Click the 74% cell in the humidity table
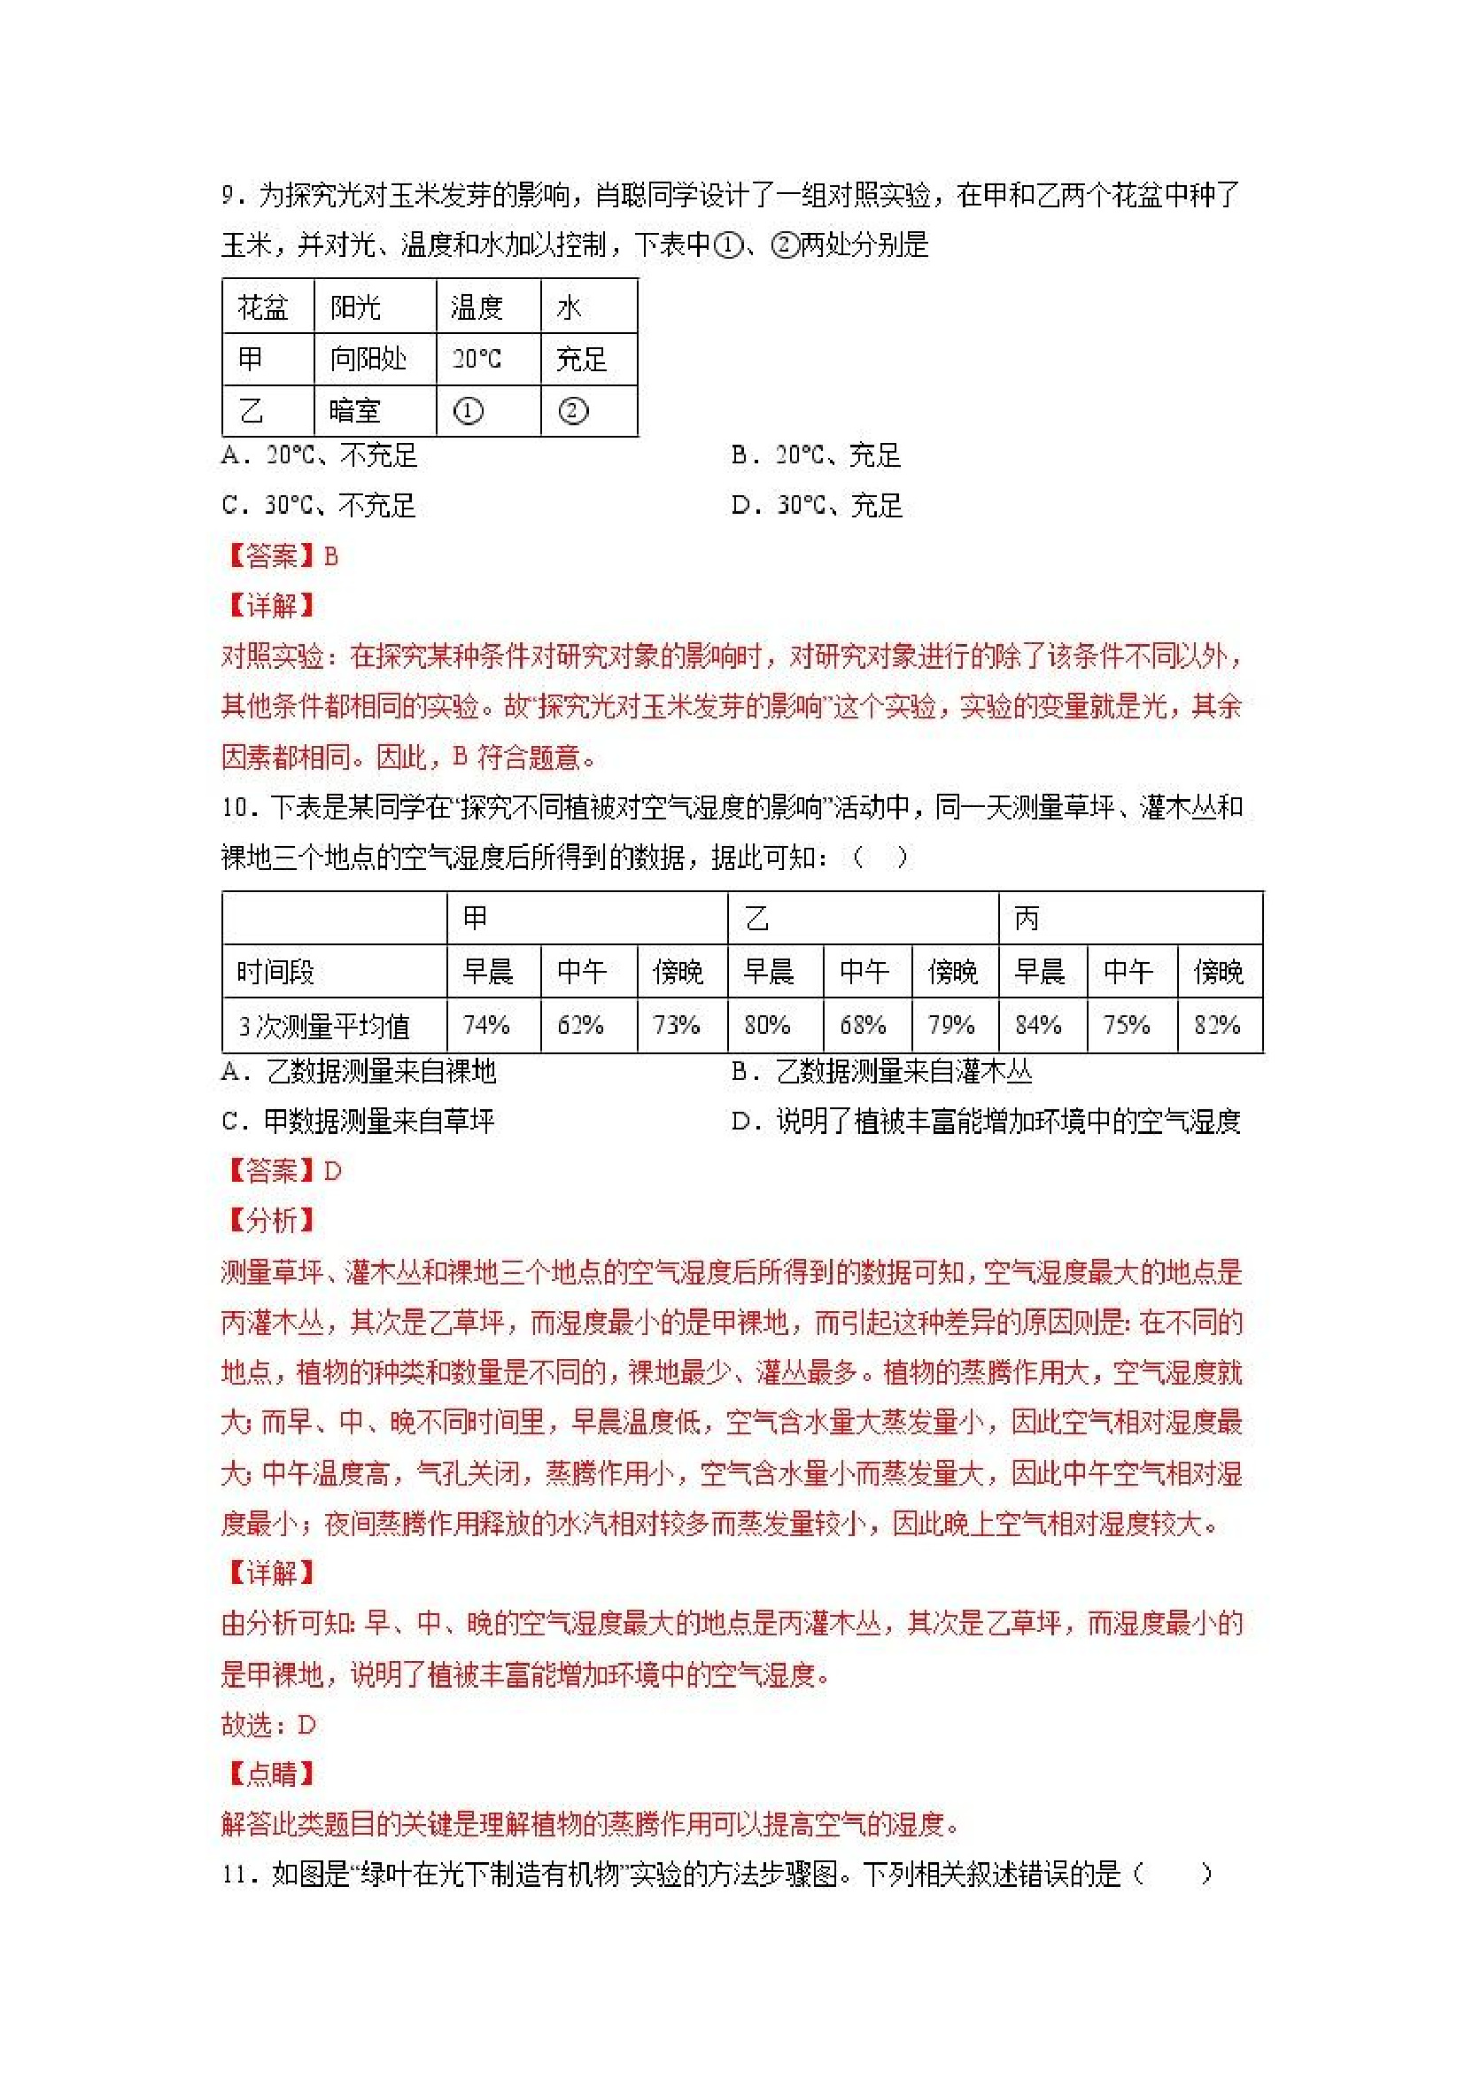pyautogui.click(x=486, y=1025)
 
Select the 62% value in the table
pyautogui.click(x=580, y=1025)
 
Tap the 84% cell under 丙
pyautogui.click(x=1038, y=1025)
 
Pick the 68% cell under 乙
pyautogui.click(x=863, y=1025)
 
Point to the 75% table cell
pyautogui.click(x=1127, y=1025)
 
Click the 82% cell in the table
pyautogui.click(x=1217, y=1025)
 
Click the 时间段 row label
pyautogui.click(x=275, y=972)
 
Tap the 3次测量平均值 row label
pyautogui.click(x=324, y=1026)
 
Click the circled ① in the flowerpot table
pyautogui.click(x=468, y=412)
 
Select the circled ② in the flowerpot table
pyautogui.click(x=573, y=412)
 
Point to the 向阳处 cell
pyautogui.click(x=368, y=360)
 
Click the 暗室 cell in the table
pyautogui.click(x=355, y=412)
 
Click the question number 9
pyautogui.click(x=229, y=196)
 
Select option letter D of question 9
pyautogui.click(x=741, y=506)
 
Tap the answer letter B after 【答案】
pyautogui.click(x=331, y=556)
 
